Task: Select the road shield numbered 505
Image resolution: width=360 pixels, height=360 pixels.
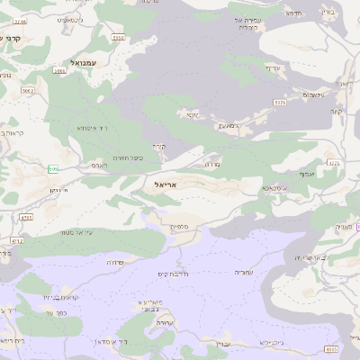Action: click(x=53, y=169)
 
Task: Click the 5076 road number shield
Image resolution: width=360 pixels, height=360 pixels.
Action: click(x=280, y=103)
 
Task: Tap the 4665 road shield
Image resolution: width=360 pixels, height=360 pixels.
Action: click(x=332, y=348)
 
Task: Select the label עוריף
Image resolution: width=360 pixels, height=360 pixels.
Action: click(x=273, y=67)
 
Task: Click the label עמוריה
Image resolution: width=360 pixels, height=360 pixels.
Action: click(x=244, y=272)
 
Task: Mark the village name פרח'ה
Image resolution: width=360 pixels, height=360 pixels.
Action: click(x=115, y=262)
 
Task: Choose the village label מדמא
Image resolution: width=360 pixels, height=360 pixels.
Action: click(x=292, y=13)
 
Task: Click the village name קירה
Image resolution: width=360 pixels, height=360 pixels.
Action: click(x=158, y=147)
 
